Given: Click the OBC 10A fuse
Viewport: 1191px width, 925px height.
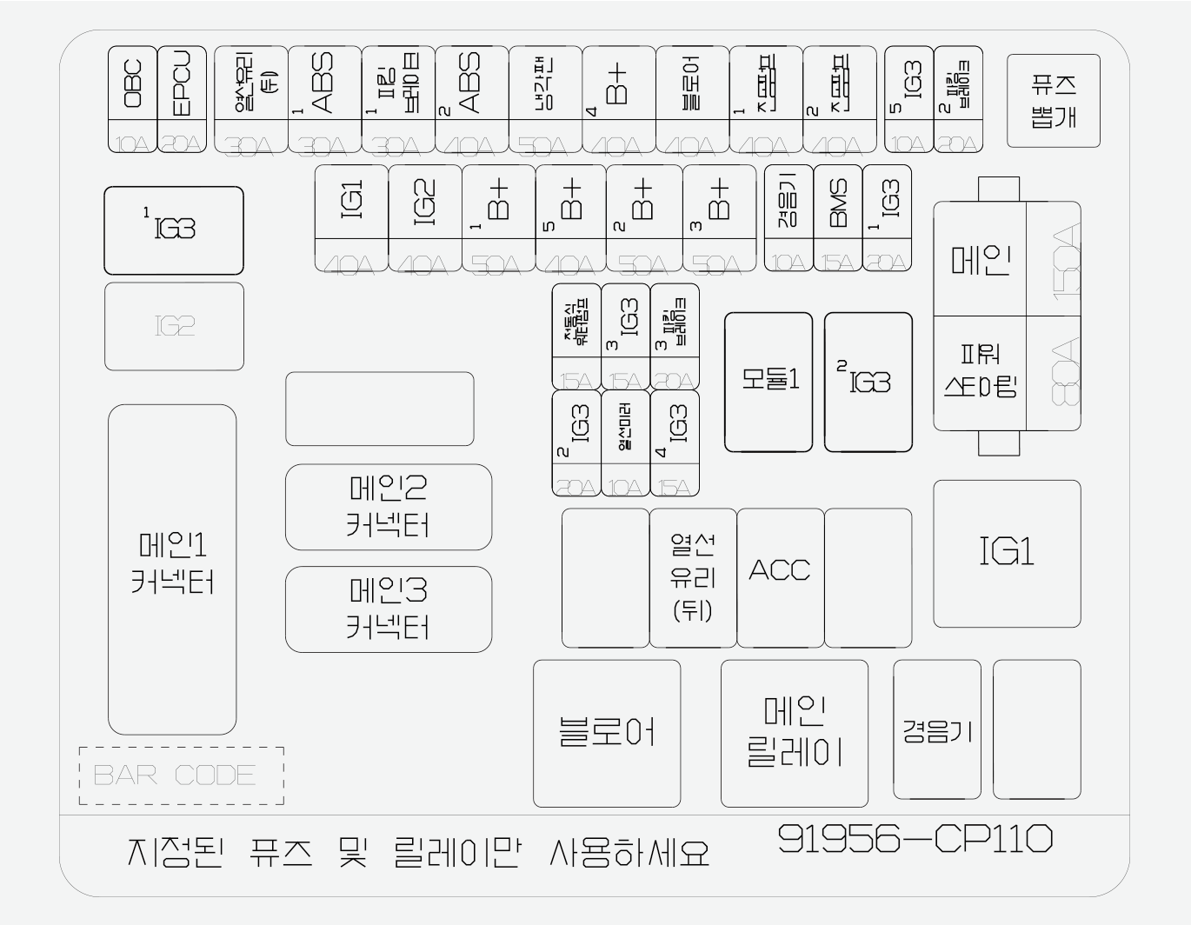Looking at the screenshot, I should click(132, 99).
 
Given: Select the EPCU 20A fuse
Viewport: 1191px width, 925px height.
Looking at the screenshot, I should click(182, 99).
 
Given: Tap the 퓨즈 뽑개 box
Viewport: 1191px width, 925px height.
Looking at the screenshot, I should click(1053, 101).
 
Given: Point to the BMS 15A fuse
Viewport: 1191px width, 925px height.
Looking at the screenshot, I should click(837, 217).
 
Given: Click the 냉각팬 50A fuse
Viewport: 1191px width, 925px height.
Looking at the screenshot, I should click(545, 99).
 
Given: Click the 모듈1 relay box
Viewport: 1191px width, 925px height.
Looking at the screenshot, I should click(768, 382).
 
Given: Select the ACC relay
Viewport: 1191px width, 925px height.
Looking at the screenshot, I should click(780, 577).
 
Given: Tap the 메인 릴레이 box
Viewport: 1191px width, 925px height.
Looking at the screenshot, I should click(794, 733).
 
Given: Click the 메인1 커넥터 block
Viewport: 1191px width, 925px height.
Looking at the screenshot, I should click(172, 569).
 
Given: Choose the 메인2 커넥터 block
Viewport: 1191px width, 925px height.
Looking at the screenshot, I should click(388, 507).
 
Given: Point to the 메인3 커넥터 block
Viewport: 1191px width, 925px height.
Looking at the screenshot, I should click(388, 609).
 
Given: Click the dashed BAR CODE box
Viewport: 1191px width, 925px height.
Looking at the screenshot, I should click(181, 775).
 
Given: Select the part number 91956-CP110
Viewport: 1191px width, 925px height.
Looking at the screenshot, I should click(915, 839).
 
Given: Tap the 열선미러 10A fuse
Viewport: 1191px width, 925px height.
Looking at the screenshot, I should click(625, 443).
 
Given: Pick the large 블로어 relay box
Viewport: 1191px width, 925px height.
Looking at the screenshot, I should click(606, 733).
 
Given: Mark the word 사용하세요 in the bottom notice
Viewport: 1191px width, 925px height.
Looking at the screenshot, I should click(629, 853).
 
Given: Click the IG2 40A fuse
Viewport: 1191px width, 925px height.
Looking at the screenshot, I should click(424, 218).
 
